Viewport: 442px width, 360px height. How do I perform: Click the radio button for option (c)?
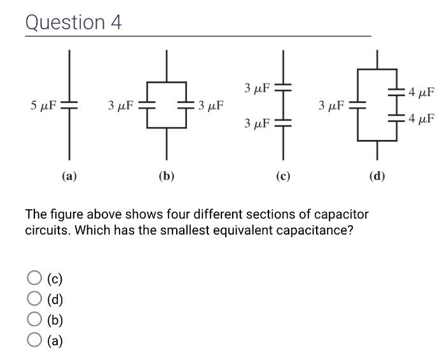click(34, 277)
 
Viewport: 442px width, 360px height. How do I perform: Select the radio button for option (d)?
click(34, 299)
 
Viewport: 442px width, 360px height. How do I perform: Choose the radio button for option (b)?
click(34, 320)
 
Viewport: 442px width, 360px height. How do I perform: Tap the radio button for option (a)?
click(34, 341)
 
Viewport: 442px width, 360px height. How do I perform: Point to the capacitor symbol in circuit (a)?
click(69, 105)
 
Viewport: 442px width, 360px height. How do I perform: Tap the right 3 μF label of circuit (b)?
click(210, 105)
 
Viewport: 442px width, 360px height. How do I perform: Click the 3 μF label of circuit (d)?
click(332, 105)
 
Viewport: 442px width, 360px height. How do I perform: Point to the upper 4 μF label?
click(422, 93)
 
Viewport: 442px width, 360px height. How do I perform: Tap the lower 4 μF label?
click(422, 118)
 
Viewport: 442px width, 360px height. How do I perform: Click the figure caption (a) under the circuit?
click(69, 176)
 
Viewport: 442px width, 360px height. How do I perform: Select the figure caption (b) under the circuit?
click(167, 176)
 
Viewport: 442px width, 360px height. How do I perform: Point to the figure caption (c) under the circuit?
click(282, 176)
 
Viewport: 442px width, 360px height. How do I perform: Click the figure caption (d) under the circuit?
click(377, 176)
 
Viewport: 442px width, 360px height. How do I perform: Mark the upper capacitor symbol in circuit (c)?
click(282, 87)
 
